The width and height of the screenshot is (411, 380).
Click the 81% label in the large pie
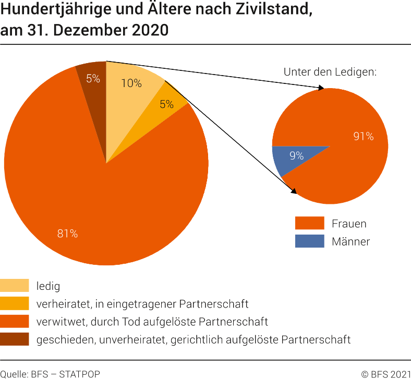67,234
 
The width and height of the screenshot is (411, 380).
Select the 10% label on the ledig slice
131,83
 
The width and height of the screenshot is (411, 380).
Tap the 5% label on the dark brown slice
93,79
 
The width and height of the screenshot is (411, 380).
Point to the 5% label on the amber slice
166,104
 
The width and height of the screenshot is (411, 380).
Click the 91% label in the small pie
363,137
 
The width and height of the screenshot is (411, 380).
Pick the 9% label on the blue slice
296,155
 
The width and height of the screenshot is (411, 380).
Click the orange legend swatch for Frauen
309,224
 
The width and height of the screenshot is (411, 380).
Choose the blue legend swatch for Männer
309,241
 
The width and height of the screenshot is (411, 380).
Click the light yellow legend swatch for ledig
15,286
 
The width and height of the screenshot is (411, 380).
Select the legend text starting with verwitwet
152,322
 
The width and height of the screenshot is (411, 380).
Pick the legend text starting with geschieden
193,339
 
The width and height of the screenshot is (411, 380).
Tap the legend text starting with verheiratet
142,304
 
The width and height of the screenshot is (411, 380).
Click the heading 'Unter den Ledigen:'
330,72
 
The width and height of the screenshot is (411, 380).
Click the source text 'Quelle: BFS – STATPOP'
50,374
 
